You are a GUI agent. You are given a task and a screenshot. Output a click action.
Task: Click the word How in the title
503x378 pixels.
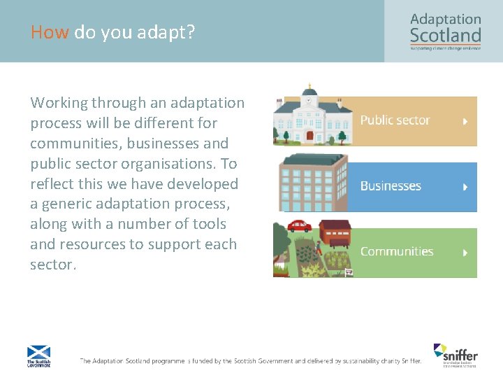click(x=50, y=32)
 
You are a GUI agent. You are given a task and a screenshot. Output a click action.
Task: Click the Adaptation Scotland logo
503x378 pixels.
click(x=445, y=31)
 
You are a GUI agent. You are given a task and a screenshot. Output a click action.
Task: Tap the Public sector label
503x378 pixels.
click(x=395, y=120)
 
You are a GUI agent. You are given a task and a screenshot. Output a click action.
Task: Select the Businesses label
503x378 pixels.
click(x=391, y=186)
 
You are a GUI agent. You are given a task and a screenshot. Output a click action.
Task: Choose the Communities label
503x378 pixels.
click(x=396, y=251)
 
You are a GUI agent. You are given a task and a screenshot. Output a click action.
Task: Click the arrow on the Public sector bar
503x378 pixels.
click(x=465, y=121)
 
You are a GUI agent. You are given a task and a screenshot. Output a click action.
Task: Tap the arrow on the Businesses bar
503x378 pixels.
click(x=465, y=187)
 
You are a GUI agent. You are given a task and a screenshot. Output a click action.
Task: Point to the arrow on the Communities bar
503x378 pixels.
click(x=465, y=252)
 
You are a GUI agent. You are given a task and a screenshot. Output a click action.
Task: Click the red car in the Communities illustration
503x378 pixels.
click(x=300, y=226)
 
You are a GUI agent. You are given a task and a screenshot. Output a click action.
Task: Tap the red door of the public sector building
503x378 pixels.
click(x=309, y=136)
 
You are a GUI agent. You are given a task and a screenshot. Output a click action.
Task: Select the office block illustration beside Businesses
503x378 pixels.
click(x=313, y=183)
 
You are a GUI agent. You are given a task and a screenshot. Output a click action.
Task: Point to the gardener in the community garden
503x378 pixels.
click(x=318, y=246)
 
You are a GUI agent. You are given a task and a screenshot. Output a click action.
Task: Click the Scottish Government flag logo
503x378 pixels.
click(x=38, y=355)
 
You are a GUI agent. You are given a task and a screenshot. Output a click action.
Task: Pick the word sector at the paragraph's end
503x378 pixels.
click(x=52, y=265)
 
